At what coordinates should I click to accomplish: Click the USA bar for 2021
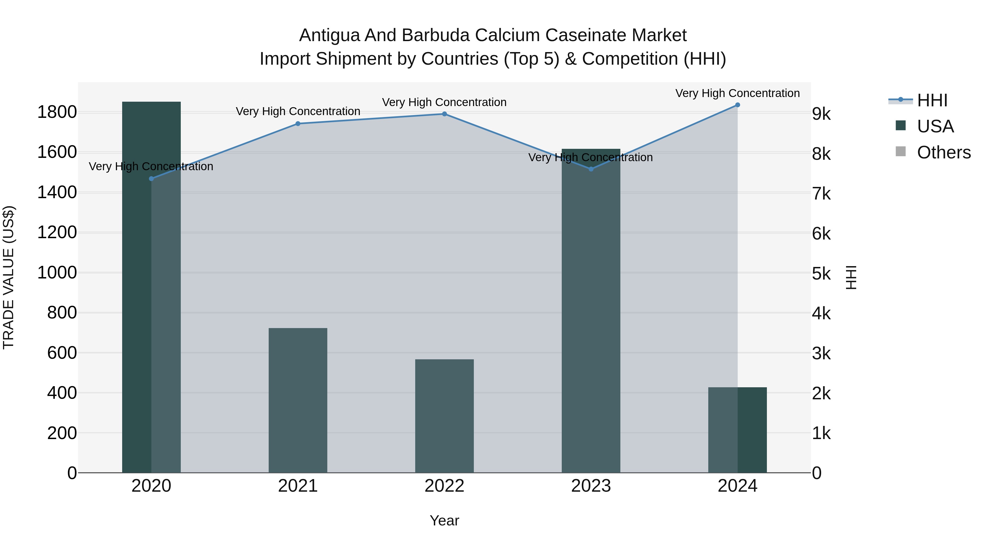point(298,400)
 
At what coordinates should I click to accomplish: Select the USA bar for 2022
point(445,416)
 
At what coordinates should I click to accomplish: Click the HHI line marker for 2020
point(151,178)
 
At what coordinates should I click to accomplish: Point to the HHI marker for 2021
point(298,124)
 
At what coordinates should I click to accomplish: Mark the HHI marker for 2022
point(445,114)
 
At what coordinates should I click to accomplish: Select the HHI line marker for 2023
point(591,169)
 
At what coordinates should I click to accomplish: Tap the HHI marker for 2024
point(738,105)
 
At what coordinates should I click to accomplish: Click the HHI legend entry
point(932,100)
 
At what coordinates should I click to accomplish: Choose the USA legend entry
point(935,126)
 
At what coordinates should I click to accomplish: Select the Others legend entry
point(944,152)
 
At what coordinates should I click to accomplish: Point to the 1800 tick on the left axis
point(57,112)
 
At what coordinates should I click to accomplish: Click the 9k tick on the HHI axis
point(821,114)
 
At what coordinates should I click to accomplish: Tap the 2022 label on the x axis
point(445,486)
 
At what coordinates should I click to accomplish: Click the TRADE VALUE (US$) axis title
point(8,277)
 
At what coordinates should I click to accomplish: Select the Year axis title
point(445,520)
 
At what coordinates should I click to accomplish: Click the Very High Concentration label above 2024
point(738,93)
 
